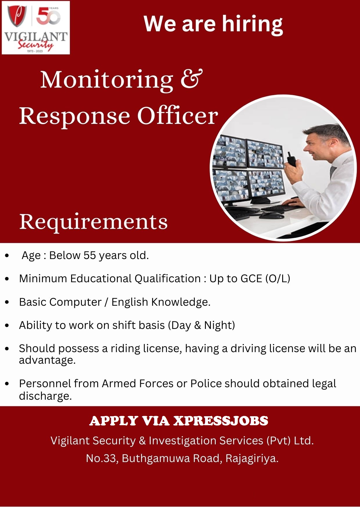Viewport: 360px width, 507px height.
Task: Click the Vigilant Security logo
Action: coord(36,28)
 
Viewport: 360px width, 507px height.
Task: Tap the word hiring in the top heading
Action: coord(252,24)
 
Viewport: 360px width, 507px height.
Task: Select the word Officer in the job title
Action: coord(177,116)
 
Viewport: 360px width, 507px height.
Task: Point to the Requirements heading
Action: coord(93,222)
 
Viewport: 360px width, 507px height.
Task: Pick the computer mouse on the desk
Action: coord(272,216)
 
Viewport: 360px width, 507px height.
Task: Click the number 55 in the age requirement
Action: coord(89,256)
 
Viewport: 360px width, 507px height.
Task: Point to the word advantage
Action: coord(47,361)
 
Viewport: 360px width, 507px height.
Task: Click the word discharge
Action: coord(45,396)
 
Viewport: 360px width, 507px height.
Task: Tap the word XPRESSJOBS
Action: coord(221,421)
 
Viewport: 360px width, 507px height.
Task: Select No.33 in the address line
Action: coord(102,458)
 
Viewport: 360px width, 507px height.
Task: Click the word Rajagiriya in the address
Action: coord(251,458)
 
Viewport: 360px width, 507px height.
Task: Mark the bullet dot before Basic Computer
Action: coord(7,302)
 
